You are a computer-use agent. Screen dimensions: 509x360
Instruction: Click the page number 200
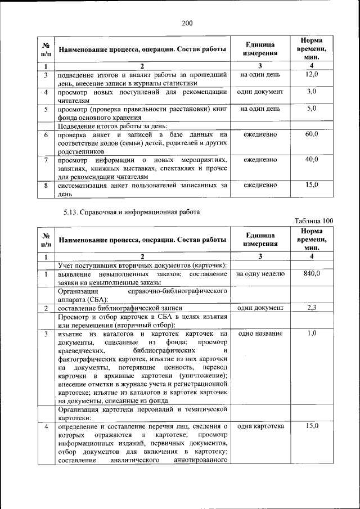187,23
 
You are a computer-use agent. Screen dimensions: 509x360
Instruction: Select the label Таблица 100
314,221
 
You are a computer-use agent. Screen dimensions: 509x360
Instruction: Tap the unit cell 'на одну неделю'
260,273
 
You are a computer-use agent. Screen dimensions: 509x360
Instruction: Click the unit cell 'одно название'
260,334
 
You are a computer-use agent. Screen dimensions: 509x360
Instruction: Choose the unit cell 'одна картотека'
260,426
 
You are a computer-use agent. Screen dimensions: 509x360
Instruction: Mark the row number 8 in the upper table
46,185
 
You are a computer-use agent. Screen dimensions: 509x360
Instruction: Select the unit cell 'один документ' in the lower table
260,308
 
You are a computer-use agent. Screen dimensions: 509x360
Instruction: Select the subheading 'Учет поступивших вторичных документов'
142,265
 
